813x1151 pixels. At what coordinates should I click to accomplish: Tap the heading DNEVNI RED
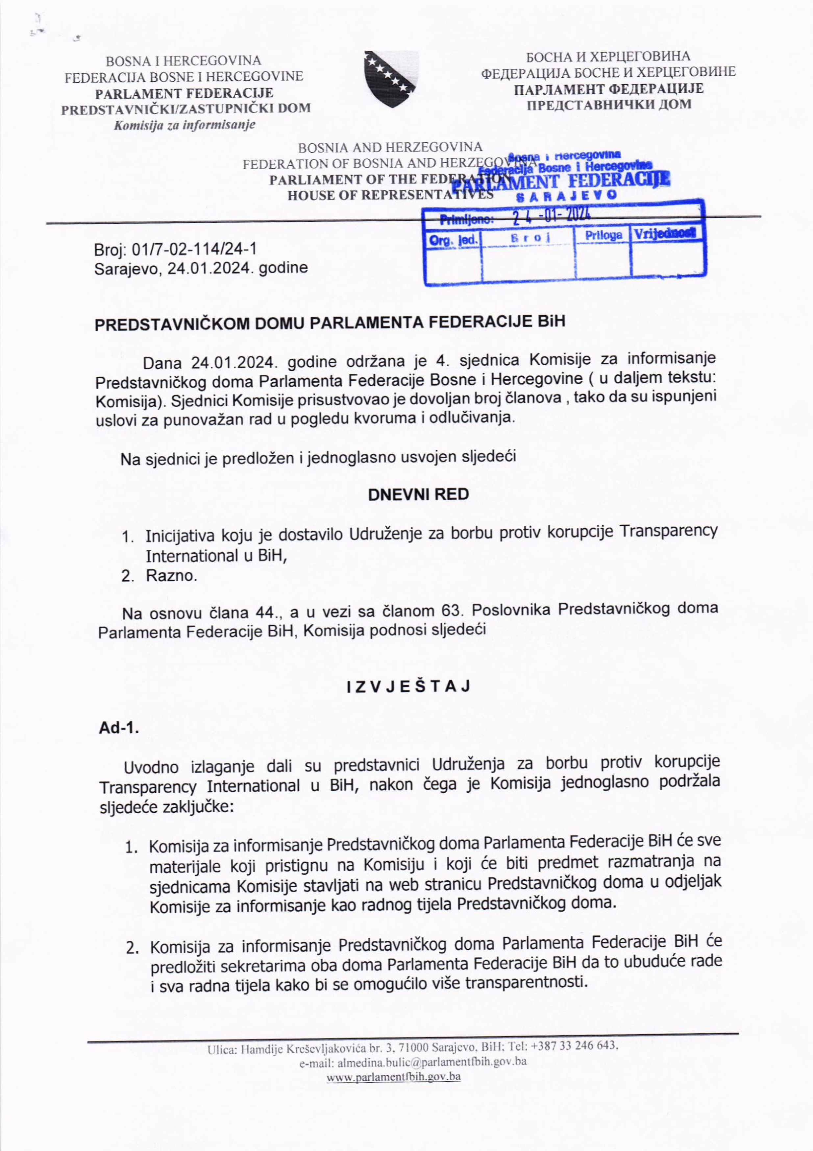(x=418, y=495)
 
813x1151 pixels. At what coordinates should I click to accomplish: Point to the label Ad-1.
(x=118, y=728)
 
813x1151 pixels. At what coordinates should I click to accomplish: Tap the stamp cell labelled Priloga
(x=604, y=235)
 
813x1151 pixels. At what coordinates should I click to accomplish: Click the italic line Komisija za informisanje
(x=184, y=125)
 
